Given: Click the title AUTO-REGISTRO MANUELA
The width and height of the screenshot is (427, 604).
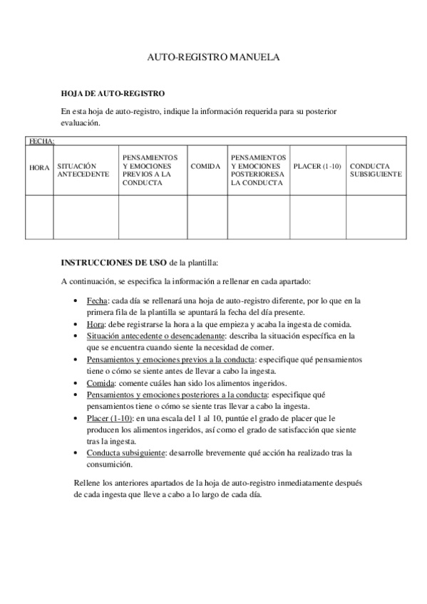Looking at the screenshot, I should pyautogui.click(x=213, y=56).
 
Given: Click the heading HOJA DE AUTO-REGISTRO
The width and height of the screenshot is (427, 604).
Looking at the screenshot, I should pyautogui.click(x=113, y=93).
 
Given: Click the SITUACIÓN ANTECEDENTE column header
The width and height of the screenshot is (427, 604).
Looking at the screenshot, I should pyautogui.click(x=83, y=170).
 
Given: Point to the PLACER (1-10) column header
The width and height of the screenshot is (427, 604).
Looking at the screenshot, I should pyautogui.click(x=317, y=165).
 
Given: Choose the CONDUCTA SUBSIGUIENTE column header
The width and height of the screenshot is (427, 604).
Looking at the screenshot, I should pyautogui.click(x=376, y=170).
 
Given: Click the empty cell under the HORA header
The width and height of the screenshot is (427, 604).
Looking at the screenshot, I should pyautogui.click(x=39, y=216).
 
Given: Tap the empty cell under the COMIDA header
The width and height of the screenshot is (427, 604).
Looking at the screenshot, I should pyautogui.click(x=207, y=216).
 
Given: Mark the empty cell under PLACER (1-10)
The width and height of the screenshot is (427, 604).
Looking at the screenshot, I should pyautogui.click(x=318, y=216).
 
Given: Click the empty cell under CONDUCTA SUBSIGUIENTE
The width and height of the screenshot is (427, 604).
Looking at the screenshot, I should pyautogui.click(x=376, y=216).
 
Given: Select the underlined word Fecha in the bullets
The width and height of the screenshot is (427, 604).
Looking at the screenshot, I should pyautogui.click(x=96, y=301).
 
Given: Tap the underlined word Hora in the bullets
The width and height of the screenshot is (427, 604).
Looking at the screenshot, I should pyautogui.click(x=96, y=323).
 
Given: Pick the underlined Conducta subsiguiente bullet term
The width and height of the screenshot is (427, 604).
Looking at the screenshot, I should pyautogui.click(x=125, y=452).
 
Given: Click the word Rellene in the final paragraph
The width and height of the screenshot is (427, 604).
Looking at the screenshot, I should pyautogui.click(x=88, y=483).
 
